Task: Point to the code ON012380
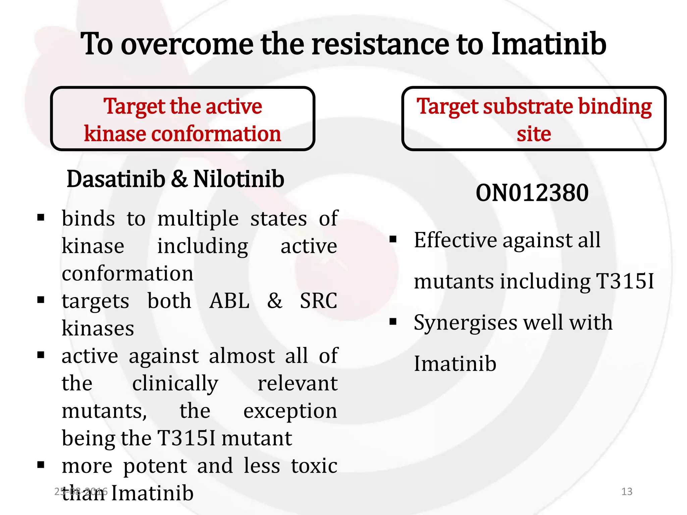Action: (x=532, y=193)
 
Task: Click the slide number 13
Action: (x=627, y=492)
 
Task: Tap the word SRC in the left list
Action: (x=318, y=301)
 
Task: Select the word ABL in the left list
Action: (x=229, y=301)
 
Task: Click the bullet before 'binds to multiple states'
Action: (x=41, y=218)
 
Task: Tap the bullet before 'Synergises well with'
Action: (x=393, y=322)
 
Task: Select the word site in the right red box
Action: (x=534, y=134)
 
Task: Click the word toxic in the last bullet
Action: (x=314, y=466)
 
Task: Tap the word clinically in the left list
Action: (x=175, y=384)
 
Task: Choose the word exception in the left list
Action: (x=290, y=412)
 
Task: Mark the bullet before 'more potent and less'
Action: (x=41, y=465)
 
